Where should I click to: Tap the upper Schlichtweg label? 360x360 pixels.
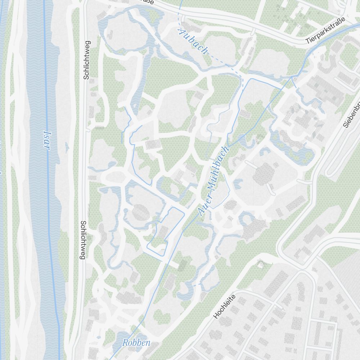[86, 60]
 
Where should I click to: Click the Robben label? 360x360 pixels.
[136, 343]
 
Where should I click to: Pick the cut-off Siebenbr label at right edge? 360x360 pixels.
[351, 114]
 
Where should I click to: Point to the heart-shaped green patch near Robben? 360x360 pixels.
[162, 317]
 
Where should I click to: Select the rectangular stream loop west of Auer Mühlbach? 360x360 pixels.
[166, 230]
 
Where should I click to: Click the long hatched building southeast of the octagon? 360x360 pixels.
[296, 204]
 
